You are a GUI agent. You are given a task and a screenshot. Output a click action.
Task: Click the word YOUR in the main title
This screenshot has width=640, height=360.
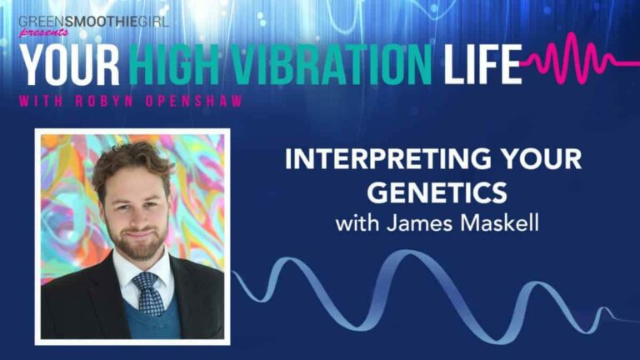(70, 64)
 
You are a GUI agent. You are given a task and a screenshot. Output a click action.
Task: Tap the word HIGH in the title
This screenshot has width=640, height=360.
(177, 64)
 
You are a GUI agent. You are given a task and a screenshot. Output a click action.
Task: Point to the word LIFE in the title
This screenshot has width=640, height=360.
(482, 64)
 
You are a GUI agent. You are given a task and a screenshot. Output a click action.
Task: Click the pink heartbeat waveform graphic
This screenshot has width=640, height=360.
(580, 58)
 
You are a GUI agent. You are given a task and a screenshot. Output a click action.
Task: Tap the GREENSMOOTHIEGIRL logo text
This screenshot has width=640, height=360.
(93, 21)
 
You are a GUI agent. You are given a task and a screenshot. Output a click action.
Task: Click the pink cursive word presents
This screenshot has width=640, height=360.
(43, 32)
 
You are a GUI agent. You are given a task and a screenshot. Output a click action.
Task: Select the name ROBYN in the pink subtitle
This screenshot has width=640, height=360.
(104, 101)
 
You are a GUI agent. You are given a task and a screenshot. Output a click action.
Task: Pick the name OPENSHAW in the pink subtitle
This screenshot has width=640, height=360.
(195, 101)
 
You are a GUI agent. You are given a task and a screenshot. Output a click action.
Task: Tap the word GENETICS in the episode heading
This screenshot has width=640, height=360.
(437, 192)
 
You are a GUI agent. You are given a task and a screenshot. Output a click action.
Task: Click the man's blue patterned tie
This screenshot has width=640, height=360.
(148, 293)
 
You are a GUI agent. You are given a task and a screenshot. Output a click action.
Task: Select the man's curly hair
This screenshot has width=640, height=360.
(131, 163)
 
